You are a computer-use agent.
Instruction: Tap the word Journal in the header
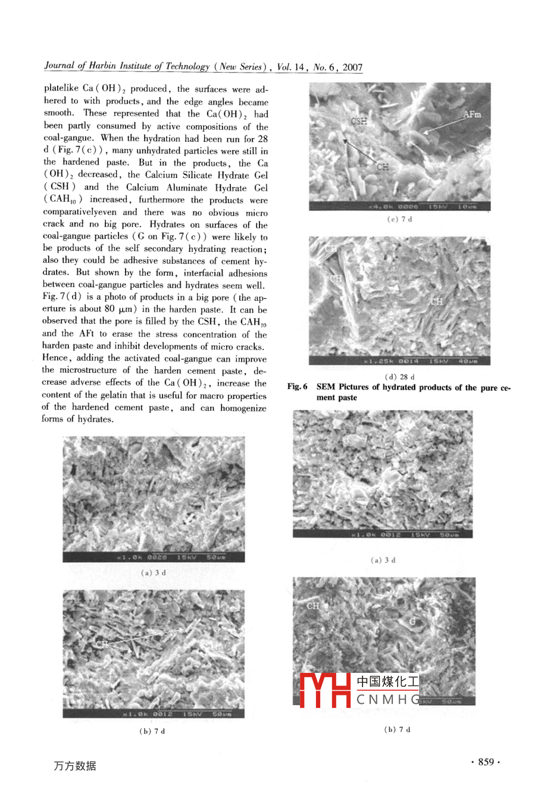(x=59, y=66)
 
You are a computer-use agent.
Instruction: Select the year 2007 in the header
(x=352, y=67)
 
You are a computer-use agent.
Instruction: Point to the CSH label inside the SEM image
(x=359, y=121)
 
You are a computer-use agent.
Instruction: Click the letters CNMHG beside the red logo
(x=387, y=700)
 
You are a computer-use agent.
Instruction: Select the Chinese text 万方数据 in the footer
(x=74, y=766)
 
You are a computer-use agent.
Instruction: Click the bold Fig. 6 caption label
(x=297, y=387)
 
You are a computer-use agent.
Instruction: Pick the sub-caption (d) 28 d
(x=399, y=377)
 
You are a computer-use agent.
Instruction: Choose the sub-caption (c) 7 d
(x=399, y=219)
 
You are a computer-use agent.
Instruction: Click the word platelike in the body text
(x=61, y=88)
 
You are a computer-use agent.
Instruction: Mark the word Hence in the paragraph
(x=56, y=358)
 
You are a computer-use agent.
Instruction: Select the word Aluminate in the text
(x=187, y=188)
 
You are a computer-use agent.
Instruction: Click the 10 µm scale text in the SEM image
(x=466, y=207)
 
